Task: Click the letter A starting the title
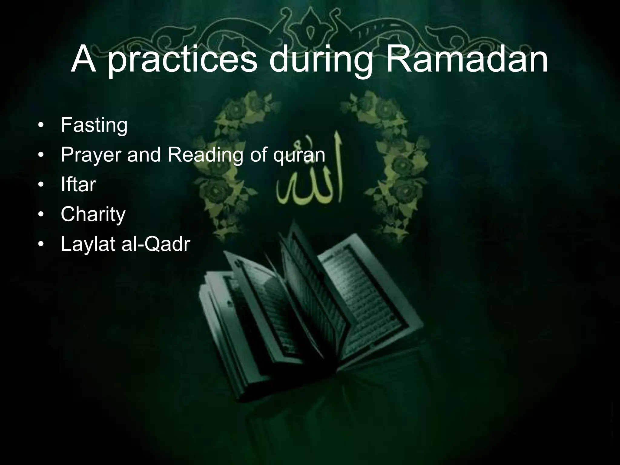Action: (84, 59)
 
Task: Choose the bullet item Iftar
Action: (78, 184)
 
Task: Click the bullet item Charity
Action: (93, 214)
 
